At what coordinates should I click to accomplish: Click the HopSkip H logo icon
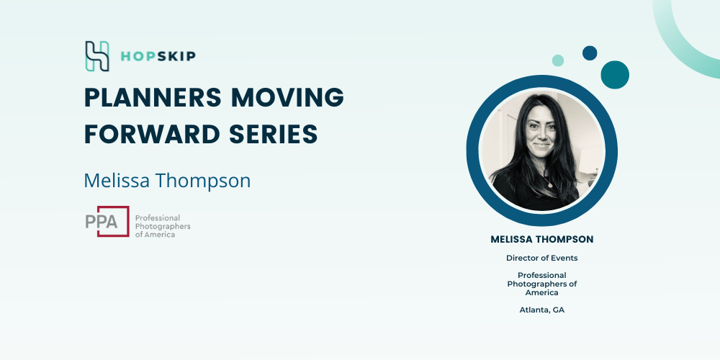click(x=97, y=56)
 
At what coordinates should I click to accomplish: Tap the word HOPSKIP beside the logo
click(x=158, y=56)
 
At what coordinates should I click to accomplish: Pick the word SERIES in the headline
click(x=273, y=134)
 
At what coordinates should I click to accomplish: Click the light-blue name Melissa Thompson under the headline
click(x=167, y=181)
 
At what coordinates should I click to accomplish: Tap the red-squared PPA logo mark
click(x=107, y=221)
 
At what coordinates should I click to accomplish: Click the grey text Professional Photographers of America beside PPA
click(x=163, y=226)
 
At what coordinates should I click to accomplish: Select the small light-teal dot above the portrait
click(x=558, y=60)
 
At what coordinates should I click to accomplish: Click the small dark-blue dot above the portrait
click(x=590, y=53)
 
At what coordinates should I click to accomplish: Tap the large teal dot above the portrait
click(x=615, y=75)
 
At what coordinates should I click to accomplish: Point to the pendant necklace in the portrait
click(x=547, y=183)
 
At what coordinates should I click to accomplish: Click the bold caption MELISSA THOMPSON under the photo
click(x=542, y=239)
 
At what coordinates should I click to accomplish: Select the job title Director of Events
click(x=542, y=258)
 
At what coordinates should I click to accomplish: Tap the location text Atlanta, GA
click(x=542, y=310)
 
